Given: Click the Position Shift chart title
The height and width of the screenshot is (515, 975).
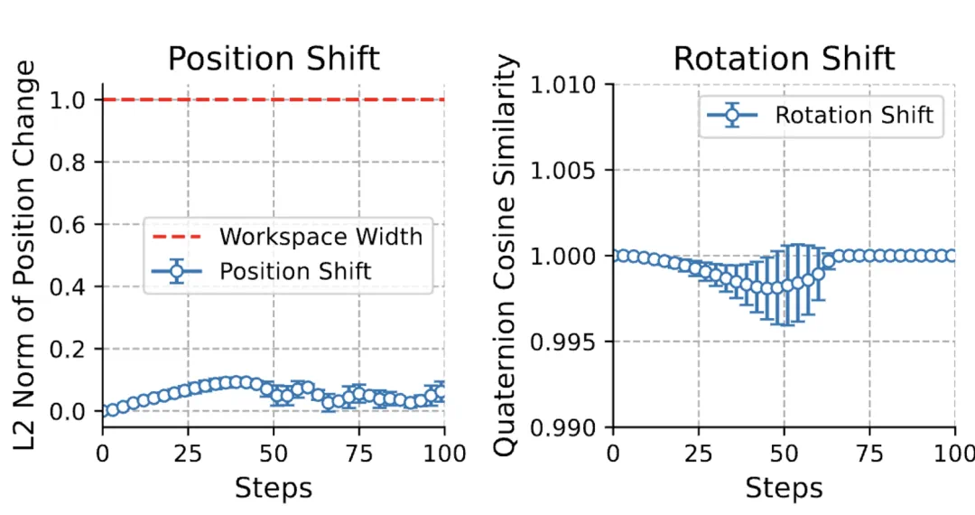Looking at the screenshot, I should pyautogui.click(x=274, y=59).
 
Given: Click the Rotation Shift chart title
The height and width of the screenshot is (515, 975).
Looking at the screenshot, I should pyautogui.click(x=784, y=59).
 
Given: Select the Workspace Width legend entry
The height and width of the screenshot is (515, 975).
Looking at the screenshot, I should pyautogui.click(x=320, y=237).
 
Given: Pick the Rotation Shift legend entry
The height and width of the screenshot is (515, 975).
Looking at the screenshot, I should pyautogui.click(x=854, y=115).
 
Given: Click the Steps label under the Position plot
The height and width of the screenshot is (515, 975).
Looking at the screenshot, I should pyautogui.click(x=274, y=488).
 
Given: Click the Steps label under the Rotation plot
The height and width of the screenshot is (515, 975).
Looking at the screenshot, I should pyautogui.click(x=784, y=488).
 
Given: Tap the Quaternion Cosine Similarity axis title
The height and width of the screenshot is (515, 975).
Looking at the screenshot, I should pyautogui.click(x=509, y=256).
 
